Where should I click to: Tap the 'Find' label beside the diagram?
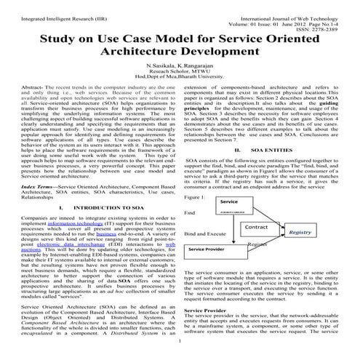(x=191, y=213)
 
